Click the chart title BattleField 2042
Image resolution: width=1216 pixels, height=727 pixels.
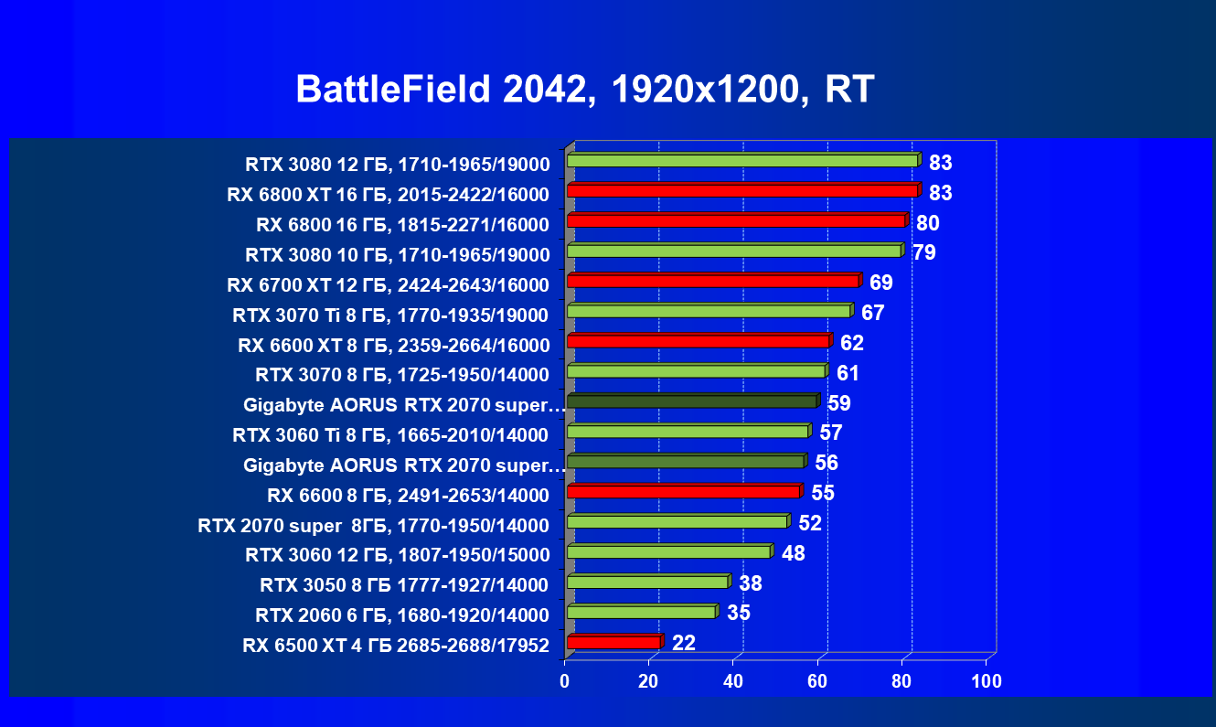pos(585,90)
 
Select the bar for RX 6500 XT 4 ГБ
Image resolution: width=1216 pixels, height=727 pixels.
pos(613,642)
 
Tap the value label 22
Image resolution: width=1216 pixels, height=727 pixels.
pos(684,643)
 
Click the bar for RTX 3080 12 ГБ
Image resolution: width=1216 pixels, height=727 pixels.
pos(741,160)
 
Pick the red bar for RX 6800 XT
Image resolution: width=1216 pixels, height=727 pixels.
pos(741,190)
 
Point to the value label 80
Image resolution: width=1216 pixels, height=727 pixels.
pos(928,223)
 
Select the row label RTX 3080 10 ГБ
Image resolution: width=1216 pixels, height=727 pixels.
pos(398,255)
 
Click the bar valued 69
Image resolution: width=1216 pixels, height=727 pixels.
pos(712,281)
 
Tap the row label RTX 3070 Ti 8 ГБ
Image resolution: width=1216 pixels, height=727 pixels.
pos(390,315)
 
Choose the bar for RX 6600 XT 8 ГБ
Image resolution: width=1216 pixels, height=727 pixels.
pos(698,341)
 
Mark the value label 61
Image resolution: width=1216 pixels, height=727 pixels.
pos(848,373)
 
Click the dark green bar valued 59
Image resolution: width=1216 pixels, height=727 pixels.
pos(691,401)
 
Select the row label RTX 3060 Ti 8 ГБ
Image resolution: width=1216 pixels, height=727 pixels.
pos(390,434)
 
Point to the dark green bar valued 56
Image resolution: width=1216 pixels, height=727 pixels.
pos(685,461)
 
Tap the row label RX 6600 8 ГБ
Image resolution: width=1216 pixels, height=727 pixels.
pos(409,496)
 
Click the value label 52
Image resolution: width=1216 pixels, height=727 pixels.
pos(810,523)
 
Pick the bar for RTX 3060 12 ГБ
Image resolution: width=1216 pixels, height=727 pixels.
pos(668,551)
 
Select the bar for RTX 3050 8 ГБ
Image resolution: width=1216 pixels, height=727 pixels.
pos(647,582)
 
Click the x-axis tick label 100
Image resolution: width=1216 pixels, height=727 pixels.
pos(987,681)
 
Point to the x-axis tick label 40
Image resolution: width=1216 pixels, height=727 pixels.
pos(733,681)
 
